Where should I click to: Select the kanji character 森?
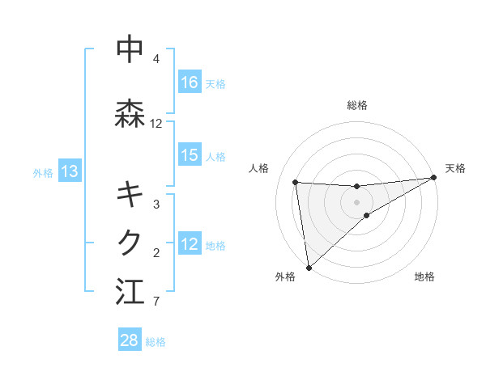point(130,113)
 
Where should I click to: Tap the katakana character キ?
point(130,194)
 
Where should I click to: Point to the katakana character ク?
point(130,242)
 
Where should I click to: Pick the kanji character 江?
point(130,291)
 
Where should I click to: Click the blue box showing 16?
point(190,82)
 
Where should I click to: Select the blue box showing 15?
point(190,155)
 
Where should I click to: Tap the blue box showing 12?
point(190,244)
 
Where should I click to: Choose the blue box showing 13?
point(70,171)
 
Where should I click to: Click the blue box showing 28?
point(130,340)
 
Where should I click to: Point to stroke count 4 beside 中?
point(156,59)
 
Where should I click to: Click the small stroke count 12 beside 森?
point(156,124)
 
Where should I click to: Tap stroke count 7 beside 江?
point(156,302)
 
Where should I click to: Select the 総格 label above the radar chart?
point(357,105)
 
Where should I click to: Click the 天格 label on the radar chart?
point(455,168)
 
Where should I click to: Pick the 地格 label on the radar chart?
point(424,277)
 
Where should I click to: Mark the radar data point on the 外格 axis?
point(308,268)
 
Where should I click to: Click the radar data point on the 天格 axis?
point(433,178)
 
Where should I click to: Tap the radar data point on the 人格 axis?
point(296,182)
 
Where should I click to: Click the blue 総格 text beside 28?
point(156,342)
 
